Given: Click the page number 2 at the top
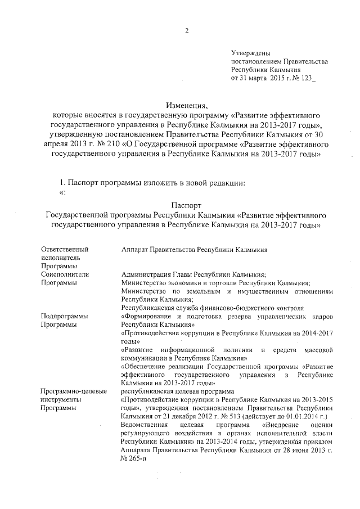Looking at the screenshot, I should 186,30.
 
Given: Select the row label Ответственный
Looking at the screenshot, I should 65,248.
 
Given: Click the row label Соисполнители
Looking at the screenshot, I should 65,274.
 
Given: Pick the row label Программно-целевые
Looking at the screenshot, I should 74,390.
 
